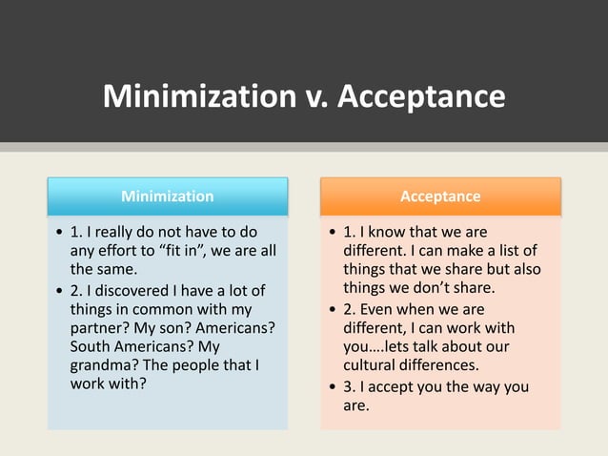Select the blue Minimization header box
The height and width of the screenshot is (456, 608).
click(168, 197)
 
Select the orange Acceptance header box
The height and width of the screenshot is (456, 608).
click(440, 197)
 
